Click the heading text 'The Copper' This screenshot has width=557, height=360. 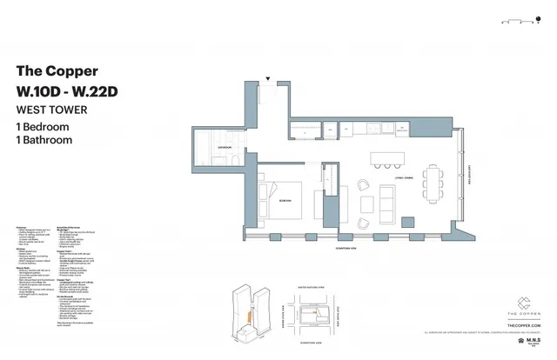click(x=57, y=71)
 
